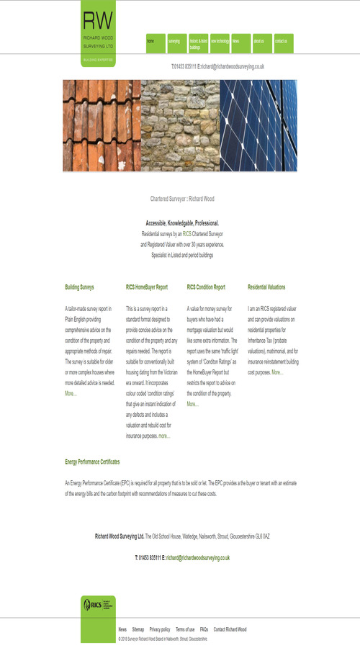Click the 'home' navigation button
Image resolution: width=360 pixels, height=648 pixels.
click(156, 42)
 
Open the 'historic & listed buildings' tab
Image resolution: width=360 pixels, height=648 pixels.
click(198, 43)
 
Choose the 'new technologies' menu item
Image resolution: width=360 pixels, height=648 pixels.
click(220, 42)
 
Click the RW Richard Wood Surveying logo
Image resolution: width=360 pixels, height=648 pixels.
click(98, 32)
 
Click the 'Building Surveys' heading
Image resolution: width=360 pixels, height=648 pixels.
click(79, 287)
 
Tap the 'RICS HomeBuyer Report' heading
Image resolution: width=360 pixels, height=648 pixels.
click(147, 287)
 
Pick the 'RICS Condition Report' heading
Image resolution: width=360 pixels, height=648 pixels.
click(206, 287)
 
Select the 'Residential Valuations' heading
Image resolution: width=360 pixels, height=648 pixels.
click(266, 287)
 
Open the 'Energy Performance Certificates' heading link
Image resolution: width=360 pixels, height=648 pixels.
click(92, 462)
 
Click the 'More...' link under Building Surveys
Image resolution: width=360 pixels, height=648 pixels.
click(71, 394)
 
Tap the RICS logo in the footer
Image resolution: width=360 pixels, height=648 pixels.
click(98, 604)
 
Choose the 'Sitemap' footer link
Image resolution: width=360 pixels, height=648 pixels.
click(138, 629)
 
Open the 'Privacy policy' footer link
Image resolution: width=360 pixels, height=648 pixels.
click(160, 629)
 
